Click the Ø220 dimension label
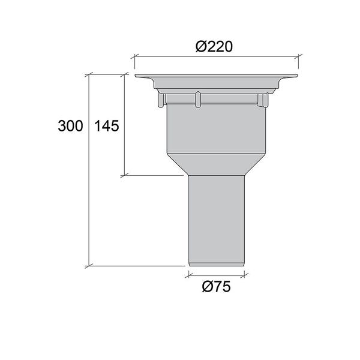(x=214, y=47)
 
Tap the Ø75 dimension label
(x=216, y=287)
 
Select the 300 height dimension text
(x=70, y=126)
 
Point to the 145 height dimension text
(x=107, y=126)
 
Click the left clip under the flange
(x=161, y=100)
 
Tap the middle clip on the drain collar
(x=198, y=99)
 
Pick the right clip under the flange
(x=263, y=100)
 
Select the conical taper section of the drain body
(x=216, y=164)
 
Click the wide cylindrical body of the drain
(x=216, y=129)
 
